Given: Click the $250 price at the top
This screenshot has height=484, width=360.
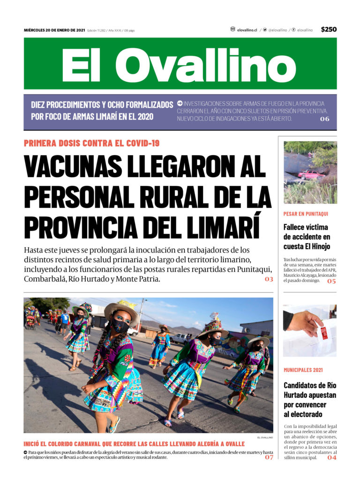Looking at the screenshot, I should click(x=329, y=30).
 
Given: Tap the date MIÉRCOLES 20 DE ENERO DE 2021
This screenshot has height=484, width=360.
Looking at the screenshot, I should click(x=54, y=30).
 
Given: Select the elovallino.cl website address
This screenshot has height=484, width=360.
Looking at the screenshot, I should click(x=247, y=30).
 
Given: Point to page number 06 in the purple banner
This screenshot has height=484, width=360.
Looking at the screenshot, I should click(x=324, y=119).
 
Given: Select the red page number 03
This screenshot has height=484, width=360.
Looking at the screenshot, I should click(x=269, y=279).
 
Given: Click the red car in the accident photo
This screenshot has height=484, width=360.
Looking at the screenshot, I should click(x=310, y=174).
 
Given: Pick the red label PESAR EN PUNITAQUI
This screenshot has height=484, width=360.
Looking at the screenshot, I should click(x=306, y=214).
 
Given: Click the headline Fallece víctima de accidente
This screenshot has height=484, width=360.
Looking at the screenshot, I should click(x=307, y=237).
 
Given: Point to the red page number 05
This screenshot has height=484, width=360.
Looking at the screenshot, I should click(x=331, y=281).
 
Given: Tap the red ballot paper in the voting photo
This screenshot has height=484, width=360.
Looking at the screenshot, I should click(x=323, y=333).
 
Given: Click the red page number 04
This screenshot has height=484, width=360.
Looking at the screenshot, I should click(x=331, y=458).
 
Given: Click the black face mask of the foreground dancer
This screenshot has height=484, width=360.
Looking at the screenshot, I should click(x=120, y=325).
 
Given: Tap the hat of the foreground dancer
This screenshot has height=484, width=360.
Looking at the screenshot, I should click(x=121, y=310).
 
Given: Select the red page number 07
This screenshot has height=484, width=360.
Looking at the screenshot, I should click(x=269, y=457).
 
